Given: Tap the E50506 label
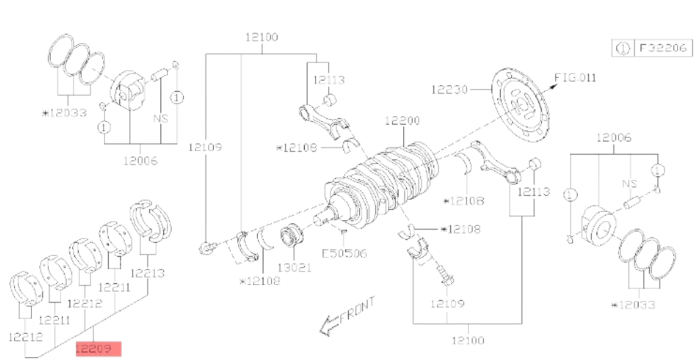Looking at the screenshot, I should tap(344, 254).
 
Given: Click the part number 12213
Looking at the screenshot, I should tap(149, 273).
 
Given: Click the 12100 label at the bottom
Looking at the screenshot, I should tap(468, 340).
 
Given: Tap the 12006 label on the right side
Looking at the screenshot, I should tap(614, 138).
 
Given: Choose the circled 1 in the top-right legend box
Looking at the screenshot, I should tap(622, 48).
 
